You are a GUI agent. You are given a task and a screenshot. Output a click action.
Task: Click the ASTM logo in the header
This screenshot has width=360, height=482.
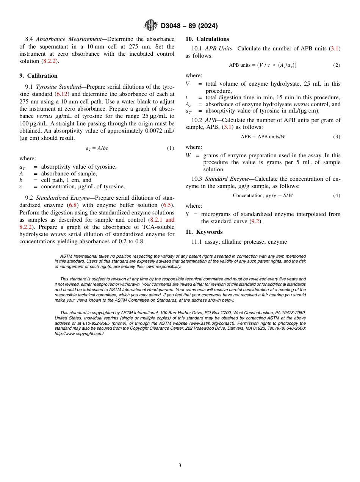click(x=151, y=25)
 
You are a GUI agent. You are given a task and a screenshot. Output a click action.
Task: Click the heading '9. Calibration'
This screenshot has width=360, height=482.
click(x=38, y=76)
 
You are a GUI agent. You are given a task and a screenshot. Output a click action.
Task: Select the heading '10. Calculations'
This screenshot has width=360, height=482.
click(x=207, y=39)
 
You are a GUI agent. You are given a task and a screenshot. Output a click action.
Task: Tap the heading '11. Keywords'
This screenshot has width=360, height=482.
click(x=204, y=232)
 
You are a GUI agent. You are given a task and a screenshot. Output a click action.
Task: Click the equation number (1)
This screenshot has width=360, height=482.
click(x=171, y=148)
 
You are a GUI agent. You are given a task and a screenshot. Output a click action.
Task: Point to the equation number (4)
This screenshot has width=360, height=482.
click(x=337, y=196)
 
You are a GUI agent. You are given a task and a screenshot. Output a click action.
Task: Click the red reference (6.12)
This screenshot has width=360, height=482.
click(x=62, y=94)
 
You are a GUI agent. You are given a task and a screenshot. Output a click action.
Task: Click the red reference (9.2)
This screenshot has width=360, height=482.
click(x=256, y=221)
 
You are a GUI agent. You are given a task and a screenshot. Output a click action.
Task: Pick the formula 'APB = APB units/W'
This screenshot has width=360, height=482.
click(x=263, y=137)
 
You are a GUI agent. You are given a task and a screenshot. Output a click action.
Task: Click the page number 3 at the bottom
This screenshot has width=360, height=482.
click(x=180, y=466)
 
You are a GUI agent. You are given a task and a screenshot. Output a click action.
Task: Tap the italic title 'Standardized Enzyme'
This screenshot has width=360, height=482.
click(x=63, y=198)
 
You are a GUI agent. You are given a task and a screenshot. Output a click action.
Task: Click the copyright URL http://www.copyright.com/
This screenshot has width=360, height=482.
click(x=79, y=333)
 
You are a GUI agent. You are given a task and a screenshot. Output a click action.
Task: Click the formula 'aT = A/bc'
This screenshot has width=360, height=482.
click(x=97, y=148)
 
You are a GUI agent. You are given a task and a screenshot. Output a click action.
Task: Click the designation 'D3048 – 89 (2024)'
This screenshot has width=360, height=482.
click(x=189, y=26)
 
